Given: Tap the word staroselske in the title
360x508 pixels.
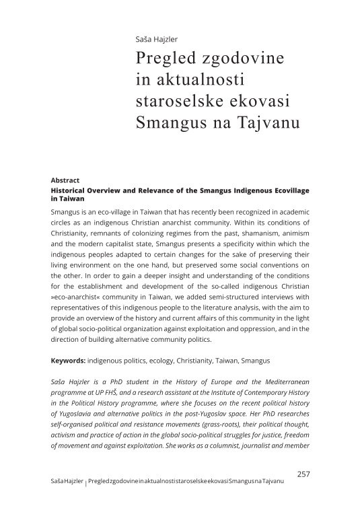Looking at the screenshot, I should pyautogui.click(x=180, y=102).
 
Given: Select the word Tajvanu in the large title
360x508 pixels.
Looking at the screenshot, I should pyautogui.click(x=253, y=123).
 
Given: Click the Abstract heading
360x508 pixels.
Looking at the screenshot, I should pyautogui.click(x=65, y=180).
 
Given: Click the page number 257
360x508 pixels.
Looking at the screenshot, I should pyautogui.click(x=303, y=474).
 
